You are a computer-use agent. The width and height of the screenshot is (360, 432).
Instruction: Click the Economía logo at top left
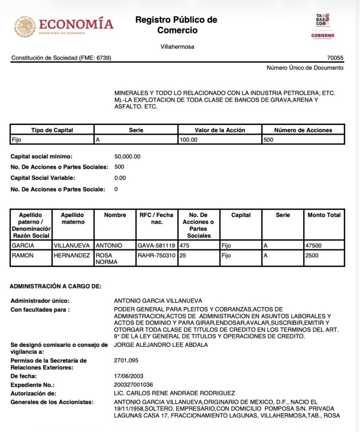point(64,26)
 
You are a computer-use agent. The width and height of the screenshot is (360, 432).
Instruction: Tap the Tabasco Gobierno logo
point(322,26)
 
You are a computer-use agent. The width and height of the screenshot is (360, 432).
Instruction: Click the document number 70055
point(335,58)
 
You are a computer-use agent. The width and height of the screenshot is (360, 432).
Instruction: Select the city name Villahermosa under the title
point(177,47)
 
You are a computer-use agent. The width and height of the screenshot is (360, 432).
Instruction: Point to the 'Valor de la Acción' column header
point(220,130)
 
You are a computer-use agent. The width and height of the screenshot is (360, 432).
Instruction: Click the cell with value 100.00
point(188,140)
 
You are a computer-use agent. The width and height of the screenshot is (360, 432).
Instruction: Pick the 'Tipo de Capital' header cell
point(52,130)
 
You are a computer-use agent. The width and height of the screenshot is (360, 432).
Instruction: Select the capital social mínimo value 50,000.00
point(127,157)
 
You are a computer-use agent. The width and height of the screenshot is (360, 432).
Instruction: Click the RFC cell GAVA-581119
point(157,245)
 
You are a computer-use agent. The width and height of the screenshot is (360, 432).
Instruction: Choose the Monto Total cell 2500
point(313,255)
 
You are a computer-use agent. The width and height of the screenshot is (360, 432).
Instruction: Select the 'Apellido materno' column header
point(73,218)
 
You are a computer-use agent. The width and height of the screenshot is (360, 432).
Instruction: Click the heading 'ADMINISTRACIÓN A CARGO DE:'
point(56,286)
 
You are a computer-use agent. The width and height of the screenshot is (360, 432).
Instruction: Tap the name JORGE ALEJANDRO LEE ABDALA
point(161,345)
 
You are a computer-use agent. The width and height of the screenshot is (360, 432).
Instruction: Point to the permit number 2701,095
point(126,360)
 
